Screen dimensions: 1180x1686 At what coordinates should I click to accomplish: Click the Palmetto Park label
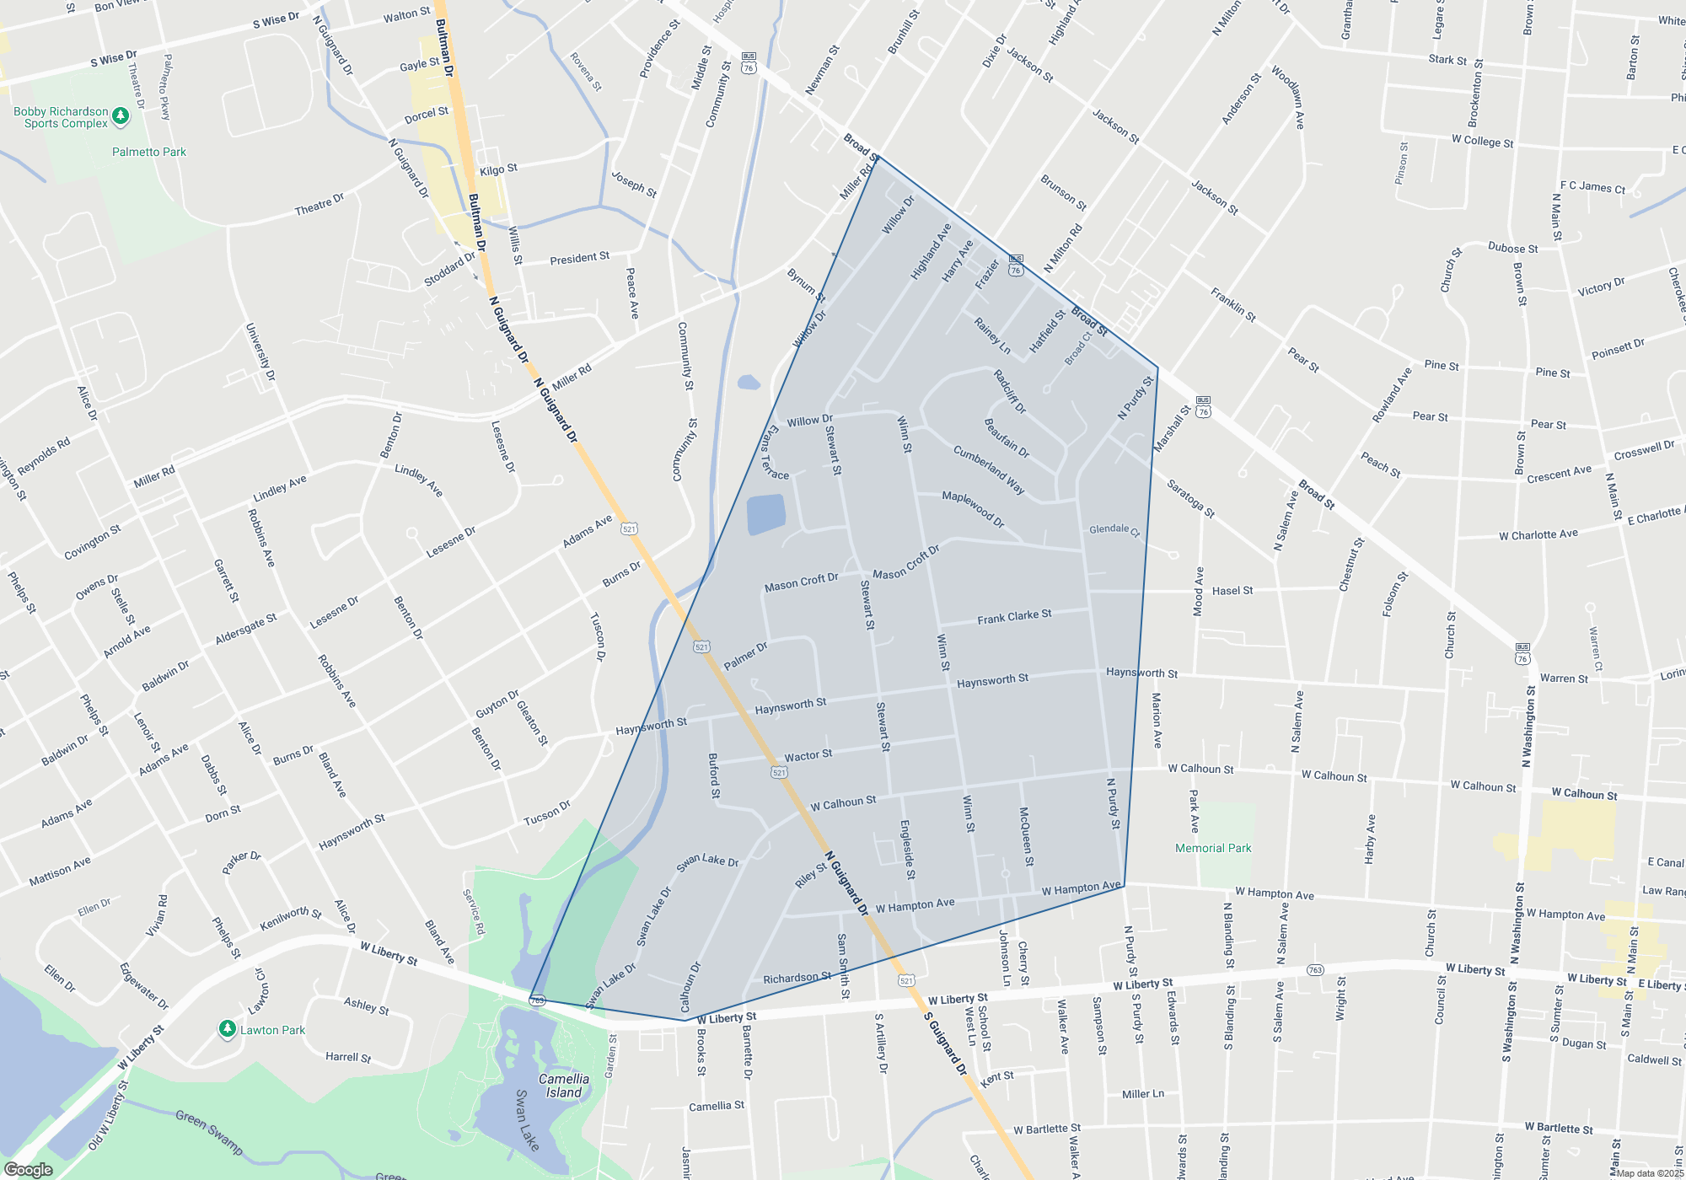[149, 152]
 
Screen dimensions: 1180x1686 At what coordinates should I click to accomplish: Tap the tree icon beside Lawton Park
[227, 1029]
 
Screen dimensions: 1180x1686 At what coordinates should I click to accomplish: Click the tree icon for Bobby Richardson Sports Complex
[121, 117]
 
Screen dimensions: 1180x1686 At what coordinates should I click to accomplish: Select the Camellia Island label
[564, 1086]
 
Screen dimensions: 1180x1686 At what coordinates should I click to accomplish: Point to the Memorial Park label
[1213, 848]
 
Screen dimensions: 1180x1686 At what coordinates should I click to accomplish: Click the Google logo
[29, 1169]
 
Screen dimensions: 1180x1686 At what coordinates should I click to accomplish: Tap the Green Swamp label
[209, 1132]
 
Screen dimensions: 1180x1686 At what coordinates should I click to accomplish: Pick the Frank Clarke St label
[1014, 617]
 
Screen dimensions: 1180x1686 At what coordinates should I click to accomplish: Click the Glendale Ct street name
[1114, 529]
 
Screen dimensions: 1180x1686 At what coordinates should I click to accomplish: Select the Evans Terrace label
[775, 453]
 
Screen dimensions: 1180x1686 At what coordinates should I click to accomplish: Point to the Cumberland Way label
[989, 469]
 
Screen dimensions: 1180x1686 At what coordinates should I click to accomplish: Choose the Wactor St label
[808, 755]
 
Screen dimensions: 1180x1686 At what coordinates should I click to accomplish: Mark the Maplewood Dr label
[973, 509]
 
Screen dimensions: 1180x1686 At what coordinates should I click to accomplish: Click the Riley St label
[811, 875]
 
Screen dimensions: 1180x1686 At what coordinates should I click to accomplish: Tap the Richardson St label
[797, 978]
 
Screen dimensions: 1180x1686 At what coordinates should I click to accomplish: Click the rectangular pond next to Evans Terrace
[766, 514]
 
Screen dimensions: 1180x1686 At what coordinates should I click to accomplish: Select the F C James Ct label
[1592, 187]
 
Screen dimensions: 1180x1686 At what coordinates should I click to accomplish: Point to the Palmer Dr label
[745, 656]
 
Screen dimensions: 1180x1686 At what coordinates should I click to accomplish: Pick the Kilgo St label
[498, 169]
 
